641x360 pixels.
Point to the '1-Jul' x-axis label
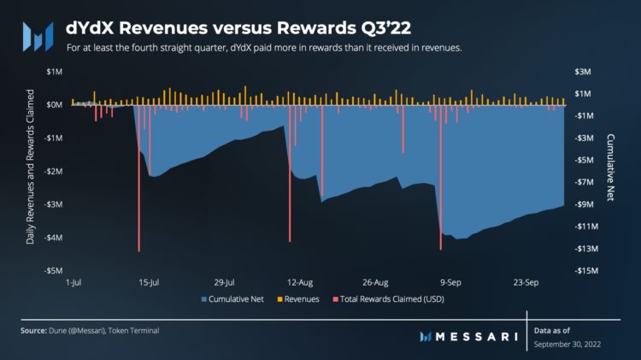(74, 281)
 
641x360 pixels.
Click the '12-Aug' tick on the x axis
(300, 281)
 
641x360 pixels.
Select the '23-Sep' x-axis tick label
(525, 281)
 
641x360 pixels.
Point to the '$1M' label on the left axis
(55, 71)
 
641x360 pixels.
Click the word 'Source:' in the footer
(34, 330)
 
